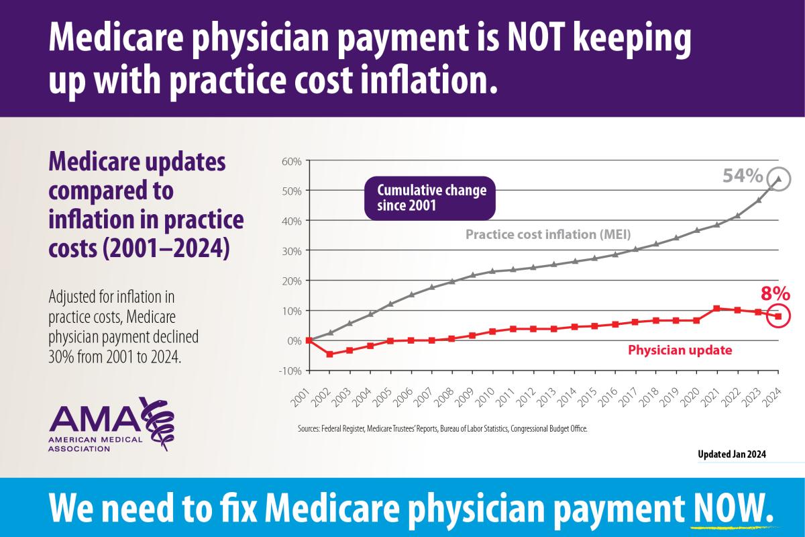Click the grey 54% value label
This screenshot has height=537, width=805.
[x=743, y=177]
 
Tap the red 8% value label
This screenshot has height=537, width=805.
[x=775, y=294]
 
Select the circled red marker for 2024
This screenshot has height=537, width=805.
[x=778, y=316]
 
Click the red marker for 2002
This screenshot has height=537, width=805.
[x=329, y=354]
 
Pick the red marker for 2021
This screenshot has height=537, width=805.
[x=716, y=308]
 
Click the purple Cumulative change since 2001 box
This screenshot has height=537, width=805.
[x=429, y=198]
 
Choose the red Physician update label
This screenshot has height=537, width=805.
[x=679, y=350]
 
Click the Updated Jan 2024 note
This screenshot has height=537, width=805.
[x=732, y=454]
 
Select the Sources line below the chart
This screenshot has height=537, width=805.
[x=442, y=428]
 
